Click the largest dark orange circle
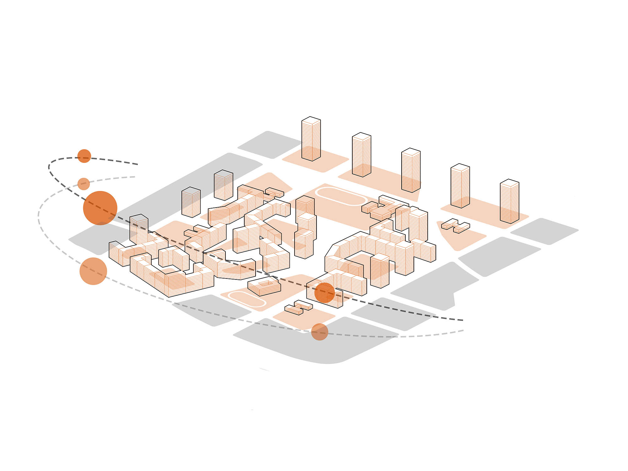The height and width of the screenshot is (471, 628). click(100, 208)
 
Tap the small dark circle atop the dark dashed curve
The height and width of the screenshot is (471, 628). click(84, 156)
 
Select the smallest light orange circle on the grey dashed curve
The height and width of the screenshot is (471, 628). click(84, 184)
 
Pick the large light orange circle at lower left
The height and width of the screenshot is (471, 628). click(93, 271)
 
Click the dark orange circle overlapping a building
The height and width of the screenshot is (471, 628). click(324, 293)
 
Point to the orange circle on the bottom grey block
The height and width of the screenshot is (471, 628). click(320, 332)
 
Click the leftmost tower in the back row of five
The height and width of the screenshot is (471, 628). click(311, 140)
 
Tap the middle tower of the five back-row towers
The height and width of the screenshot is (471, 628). click(411, 171)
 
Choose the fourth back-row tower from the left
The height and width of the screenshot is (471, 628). click(460, 187)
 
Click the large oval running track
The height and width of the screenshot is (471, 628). click(341, 196)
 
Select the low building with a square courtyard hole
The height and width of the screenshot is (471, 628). click(264, 286)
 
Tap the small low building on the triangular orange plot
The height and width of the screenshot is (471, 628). click(456, 225)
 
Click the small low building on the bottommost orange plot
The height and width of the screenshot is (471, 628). click(298, 307)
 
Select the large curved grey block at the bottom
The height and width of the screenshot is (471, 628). click(314, 342)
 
